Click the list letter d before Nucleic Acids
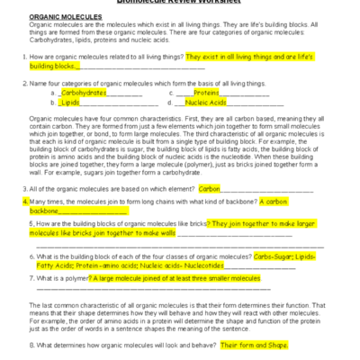[171, 103]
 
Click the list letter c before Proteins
[171, 93]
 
